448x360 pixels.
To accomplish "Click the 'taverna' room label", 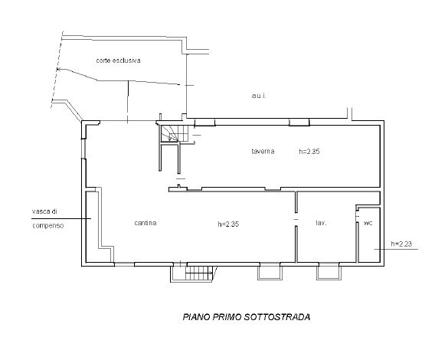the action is [263, 151].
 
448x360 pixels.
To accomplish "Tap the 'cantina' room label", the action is [146, 223].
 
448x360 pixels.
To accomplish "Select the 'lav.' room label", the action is [321, 223].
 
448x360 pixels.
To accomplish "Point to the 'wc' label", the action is [368, 223].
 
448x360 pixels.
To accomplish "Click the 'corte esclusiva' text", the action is [118, 61].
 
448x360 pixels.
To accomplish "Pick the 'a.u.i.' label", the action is [259, 96].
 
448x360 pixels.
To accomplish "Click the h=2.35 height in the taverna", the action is [309, 152].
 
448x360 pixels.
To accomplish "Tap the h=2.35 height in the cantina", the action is [228, 224].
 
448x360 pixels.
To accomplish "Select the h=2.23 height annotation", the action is [401, 244].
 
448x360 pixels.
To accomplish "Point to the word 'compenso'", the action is [48, 226].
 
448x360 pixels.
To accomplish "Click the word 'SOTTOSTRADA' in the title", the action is [277, 317].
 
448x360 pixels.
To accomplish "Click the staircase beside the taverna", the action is [175, 133].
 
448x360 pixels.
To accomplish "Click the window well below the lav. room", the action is [329, 273].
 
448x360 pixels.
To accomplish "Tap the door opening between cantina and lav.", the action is [296, 219].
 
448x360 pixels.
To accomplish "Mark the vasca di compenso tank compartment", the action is [93, 226].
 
